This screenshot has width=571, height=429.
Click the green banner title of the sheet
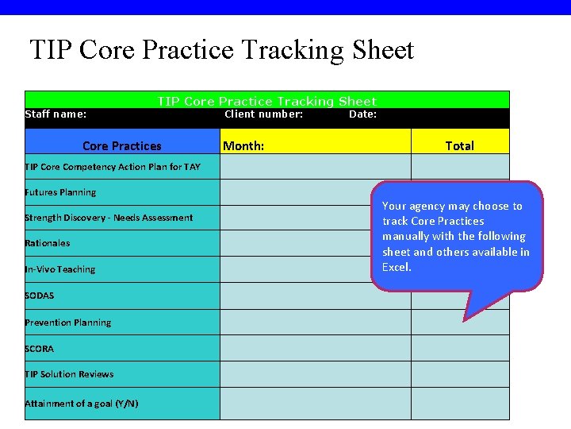click(x=266, y=101)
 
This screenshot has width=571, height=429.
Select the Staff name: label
click(x=56, y=114)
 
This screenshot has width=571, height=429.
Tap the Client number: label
click(x=263, y=114)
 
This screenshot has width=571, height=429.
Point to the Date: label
click(x=362, y=114)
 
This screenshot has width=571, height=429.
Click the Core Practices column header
click(x=121, y=146)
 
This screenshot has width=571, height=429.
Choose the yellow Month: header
click(x=244, y=146)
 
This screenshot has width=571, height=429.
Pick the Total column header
click(x=459, y=146)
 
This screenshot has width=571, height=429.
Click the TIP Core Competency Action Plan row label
click(x=113, y=167)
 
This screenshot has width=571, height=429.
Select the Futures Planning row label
click(x=60, y=192)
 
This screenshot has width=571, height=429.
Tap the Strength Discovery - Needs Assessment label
click(x=109, y=218)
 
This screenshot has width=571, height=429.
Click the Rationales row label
click(x=48, y=243)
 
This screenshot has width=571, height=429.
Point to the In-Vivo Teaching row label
click(x=60, y=269)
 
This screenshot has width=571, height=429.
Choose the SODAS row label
click(x=40, y=296)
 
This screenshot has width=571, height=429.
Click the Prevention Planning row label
click(x=68, y=323)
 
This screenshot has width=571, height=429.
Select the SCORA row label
click(x=40, y=349)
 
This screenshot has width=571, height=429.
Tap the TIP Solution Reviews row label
click(x=69, y=374)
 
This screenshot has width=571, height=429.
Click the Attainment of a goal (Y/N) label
click(x=82, y=404)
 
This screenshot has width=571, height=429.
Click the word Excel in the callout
click(x=397, y=267)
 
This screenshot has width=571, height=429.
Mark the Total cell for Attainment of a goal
click(x=460, y=404)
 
